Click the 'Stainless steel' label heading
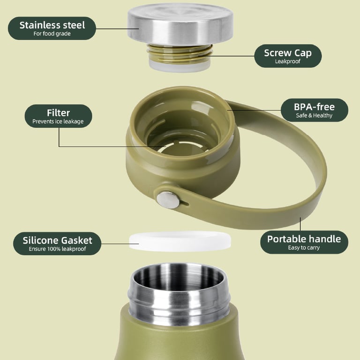pyautogui.click(x=52, y=25)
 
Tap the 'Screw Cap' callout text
pyautogui.click(x=288, y=53)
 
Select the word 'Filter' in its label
pyautogui.click(x=58, y=112)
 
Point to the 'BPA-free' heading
pyautogui.click(x=314, y=107)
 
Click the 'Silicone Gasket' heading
pyautogui.click(x=57, y=240)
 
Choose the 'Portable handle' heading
pyautogui.click(x=304, y=239)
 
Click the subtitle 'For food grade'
pyautogui.click(x=52, y=34)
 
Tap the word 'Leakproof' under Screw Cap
pyautogui.click(x=288, y=61)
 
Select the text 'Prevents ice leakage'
pyautogui.click(x=58, y=121)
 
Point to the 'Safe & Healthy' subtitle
pyautogui.click(x=314, y=115)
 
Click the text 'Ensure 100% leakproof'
pyautogui.click(x=57, y=249)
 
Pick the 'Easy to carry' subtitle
pyautogui.click(x=304, y=247)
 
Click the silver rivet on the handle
pyautogui.click(x=168, y=200)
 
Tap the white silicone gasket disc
pyautogui.click(x=180, y=241)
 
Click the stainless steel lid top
pyautogui.click(x=180, y=24)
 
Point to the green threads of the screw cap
pyautogui.click(x=180, y=54)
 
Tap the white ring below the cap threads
pyautogui.click(x=180, y=67)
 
